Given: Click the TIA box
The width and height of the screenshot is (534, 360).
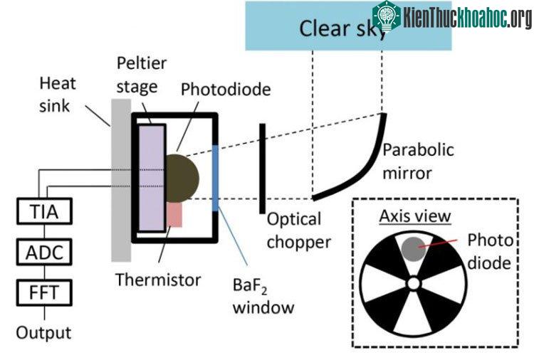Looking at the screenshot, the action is point(44,211).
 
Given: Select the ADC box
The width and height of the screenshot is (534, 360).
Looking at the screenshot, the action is point(44,252).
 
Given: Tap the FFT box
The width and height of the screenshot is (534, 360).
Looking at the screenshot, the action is point(44,292).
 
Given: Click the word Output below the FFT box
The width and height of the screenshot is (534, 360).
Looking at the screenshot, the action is point(43,332).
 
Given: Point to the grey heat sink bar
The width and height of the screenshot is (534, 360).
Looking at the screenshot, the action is point(121,180).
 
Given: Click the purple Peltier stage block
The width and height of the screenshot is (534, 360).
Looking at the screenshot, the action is point(152,178).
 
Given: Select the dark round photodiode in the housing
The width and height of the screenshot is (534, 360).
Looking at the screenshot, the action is point(182,179).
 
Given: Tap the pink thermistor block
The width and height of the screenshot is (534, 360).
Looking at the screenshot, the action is point(174,215).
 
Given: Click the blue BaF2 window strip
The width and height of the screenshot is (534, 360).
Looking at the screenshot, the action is point(215,178).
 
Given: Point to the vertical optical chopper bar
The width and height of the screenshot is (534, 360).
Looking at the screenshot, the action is point(262,169).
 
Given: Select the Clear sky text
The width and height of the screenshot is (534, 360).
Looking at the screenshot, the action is point(343,28).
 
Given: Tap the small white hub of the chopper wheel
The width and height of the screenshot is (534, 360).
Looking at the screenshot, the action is point(414,283).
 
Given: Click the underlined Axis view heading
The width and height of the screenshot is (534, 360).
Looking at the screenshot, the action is point(415,216).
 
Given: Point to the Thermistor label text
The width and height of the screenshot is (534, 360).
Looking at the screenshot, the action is point(158,280).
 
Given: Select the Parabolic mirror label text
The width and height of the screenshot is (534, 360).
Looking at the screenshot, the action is point(418,162).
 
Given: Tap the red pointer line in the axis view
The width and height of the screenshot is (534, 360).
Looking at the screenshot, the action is point(438,243).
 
